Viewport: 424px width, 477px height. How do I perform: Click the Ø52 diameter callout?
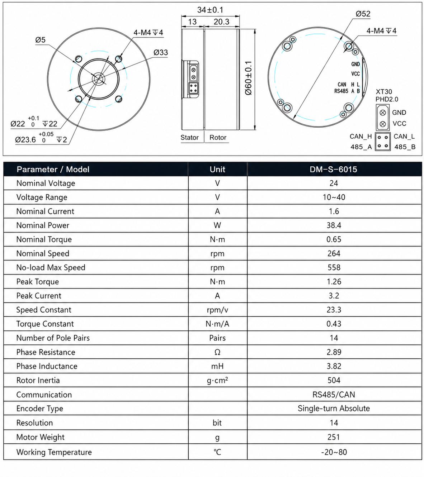click(363, 14)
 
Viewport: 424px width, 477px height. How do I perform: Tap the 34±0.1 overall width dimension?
click(210, 10)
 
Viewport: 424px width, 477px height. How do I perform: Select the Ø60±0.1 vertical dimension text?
click(249, 78)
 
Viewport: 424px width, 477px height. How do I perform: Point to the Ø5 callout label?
click(40, 40)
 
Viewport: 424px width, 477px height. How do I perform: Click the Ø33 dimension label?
click(161, 52)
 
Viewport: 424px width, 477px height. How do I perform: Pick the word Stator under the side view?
click(189, 138)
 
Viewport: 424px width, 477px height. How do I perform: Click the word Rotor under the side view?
click(218, 138)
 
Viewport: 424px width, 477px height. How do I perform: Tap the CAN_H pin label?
click(361, 137)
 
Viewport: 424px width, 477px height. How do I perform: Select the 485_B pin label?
click(405, 147)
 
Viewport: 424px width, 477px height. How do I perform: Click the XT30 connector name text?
click(384, 92)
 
